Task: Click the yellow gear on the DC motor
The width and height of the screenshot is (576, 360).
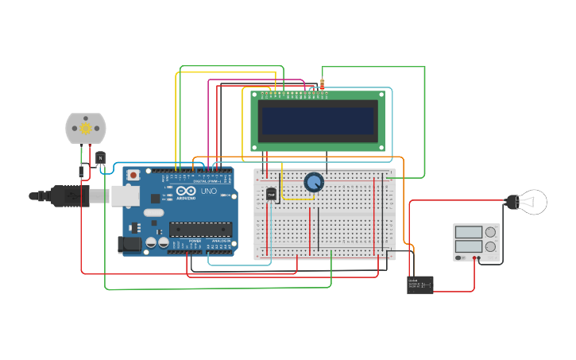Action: click(85, 127)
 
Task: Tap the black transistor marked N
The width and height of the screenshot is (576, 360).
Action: click(101, 158)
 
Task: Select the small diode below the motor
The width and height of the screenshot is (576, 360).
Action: click(82, 169)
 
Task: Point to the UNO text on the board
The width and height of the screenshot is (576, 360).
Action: click(207, 192)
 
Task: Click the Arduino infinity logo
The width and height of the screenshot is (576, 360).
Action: click(185, 192)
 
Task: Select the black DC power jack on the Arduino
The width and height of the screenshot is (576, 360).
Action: click(130, 245)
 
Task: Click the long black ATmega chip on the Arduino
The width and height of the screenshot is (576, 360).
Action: click(200, 230)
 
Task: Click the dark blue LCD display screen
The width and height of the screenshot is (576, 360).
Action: click(318, 121)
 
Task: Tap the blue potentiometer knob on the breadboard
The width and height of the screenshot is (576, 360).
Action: click(314, 182)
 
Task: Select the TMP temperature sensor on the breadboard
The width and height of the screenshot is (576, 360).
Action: click(271, 194)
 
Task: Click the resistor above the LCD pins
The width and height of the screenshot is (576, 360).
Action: click(322, 83)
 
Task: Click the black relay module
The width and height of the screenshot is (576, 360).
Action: click(420, 285)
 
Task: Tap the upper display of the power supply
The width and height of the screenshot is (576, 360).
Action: click(469, 232)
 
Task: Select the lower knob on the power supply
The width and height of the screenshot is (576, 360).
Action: click(490, 247)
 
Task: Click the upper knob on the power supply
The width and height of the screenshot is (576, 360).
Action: click(490, 232)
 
